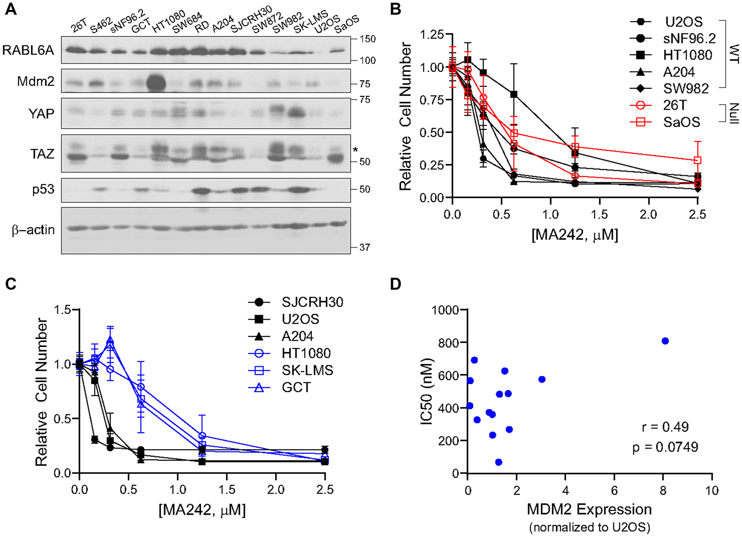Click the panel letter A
11,9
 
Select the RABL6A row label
28,50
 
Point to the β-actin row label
33,230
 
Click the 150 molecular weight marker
367,39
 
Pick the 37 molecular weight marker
365,247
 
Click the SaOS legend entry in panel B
682,122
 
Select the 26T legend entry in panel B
675,105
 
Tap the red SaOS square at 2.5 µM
697,160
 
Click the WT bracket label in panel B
733,54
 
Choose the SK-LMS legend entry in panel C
307,370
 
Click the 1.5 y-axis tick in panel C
62,310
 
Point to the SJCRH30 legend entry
312,302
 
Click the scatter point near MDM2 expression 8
665,341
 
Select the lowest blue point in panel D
499,462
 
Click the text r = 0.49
665,427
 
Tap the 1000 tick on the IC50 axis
445,310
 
